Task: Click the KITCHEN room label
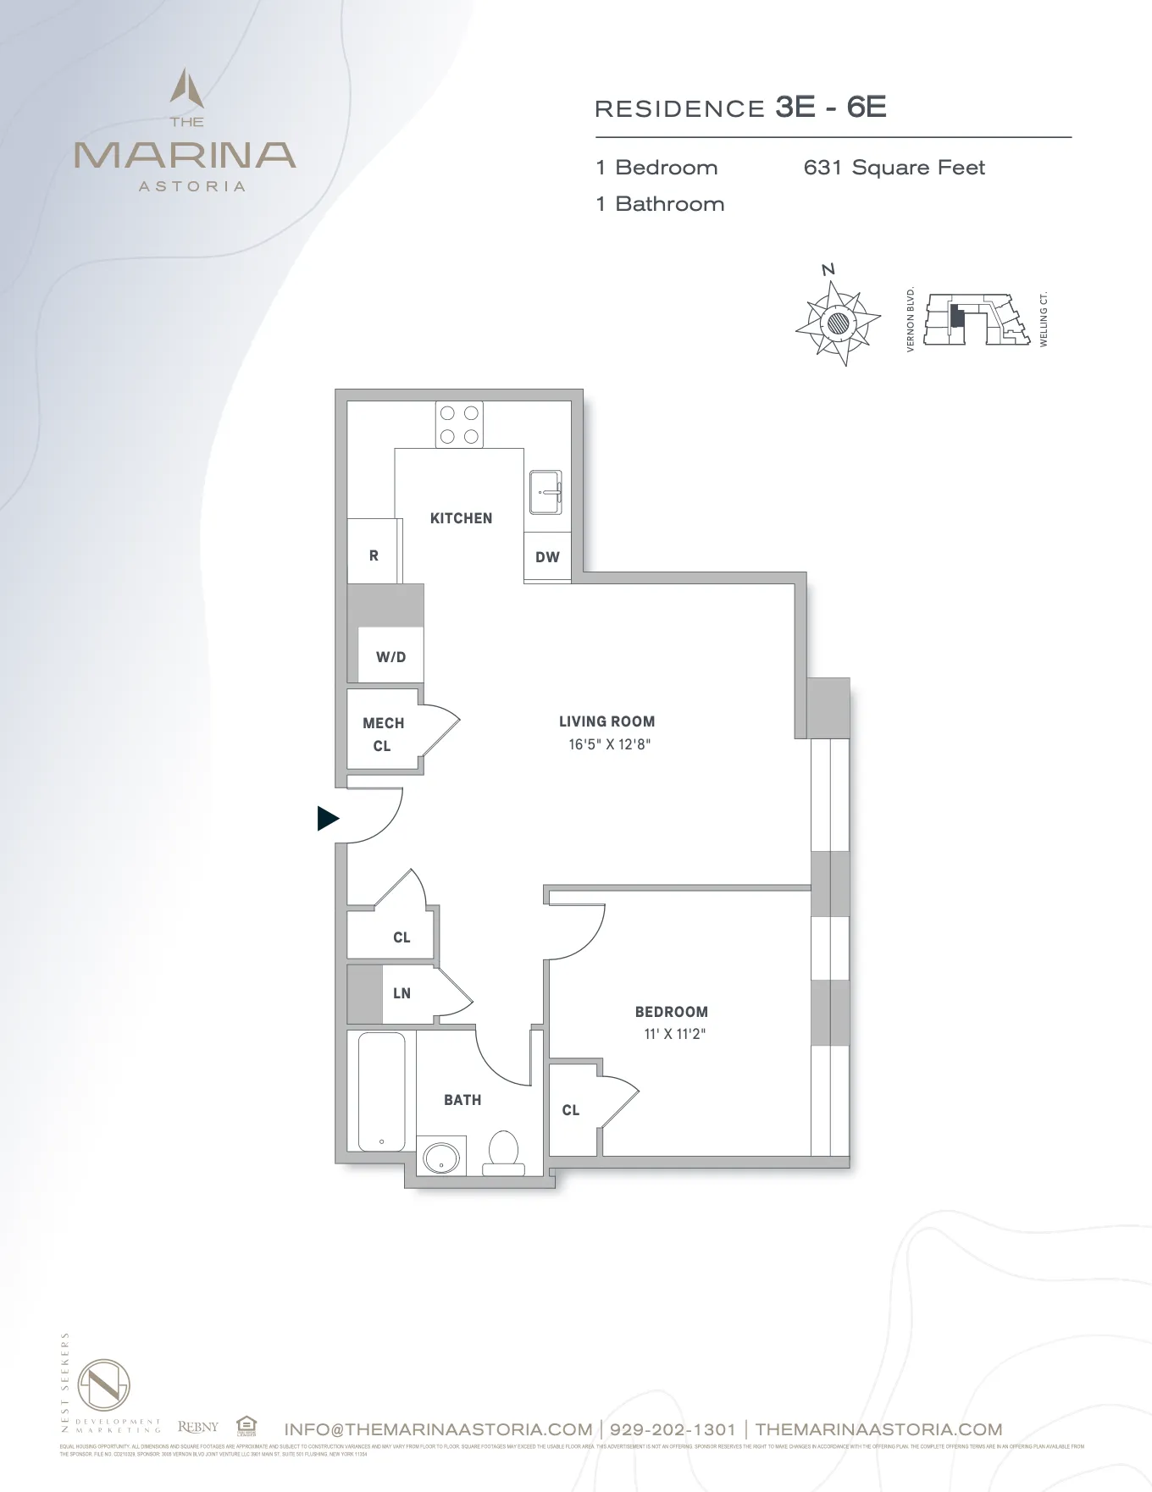click(461, 518)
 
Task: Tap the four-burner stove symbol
click(459, 425)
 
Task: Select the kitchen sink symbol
click(546, 492)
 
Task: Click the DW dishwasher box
click(547, 557)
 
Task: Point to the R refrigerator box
click(374, 555)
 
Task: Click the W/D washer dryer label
click(390, 657)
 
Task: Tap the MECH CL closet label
click(383, 734)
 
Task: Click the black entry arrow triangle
click(327, 819)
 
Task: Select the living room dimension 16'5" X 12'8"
click(609, 745)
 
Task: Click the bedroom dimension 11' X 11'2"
click(674, 1034)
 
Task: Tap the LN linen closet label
click(402, 993)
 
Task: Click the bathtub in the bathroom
click(381, 1091)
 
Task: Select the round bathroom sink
click(440, 1158)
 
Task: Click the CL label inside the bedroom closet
click(571, 1110)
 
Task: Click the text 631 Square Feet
click(894, 168)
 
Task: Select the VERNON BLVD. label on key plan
click(911, 319)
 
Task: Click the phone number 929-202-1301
click(673, 1429)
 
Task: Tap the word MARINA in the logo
click(185, 156)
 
